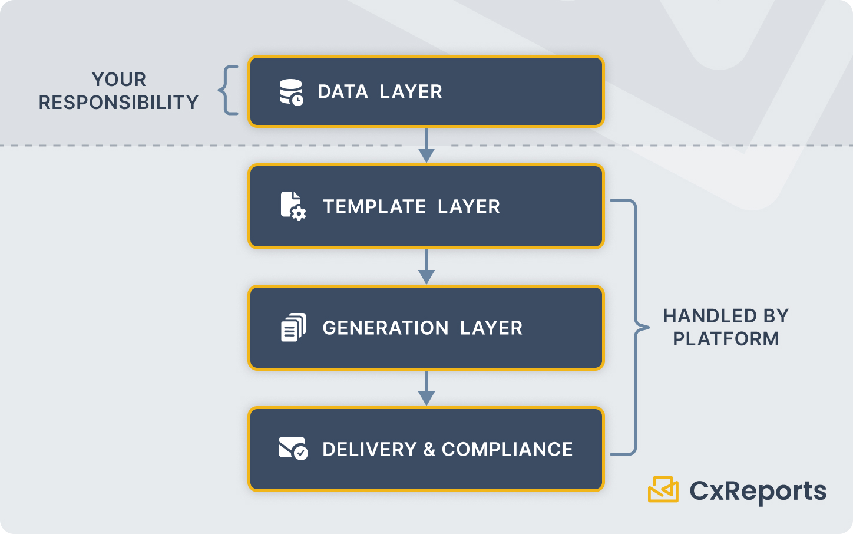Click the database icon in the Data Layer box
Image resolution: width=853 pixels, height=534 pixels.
(x=291, y=92)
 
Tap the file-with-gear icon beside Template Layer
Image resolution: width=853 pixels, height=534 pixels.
(x=293, y=206)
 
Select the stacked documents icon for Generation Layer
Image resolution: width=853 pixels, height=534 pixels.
(x=293, y=328)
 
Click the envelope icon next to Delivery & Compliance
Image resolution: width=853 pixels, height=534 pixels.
(x=293, y=449)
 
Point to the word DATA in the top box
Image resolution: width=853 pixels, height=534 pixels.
(x=343, y=92)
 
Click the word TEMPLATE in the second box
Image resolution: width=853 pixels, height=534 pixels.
(x=374, y=207)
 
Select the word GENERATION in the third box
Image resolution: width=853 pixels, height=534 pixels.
(x=385, y=328)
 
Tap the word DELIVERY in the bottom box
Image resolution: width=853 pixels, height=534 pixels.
(x=369, y=450)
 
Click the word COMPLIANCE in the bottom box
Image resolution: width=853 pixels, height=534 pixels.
(x=507, y=450)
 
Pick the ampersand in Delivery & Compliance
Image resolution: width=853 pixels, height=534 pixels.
(x=429, y=450)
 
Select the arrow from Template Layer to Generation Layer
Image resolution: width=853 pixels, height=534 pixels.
(x=426, y=268)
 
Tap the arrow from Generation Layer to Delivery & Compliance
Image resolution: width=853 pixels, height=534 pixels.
(x=426, y=389)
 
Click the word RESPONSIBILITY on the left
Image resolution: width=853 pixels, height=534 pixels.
(x=118, y=103)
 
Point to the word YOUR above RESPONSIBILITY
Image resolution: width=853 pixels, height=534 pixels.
(x=119, y=80)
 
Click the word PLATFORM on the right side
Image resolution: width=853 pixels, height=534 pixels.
(x=726, y=339)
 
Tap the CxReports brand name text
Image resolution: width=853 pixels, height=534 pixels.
(x=758, y=491)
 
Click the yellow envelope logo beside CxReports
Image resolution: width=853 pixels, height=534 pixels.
(x=663, y=489)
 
